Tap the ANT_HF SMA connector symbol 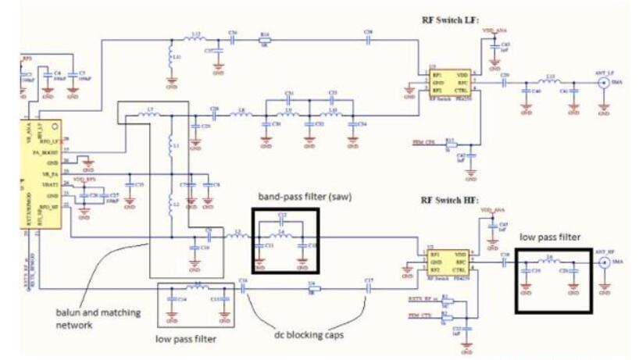[x=603, y=263]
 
